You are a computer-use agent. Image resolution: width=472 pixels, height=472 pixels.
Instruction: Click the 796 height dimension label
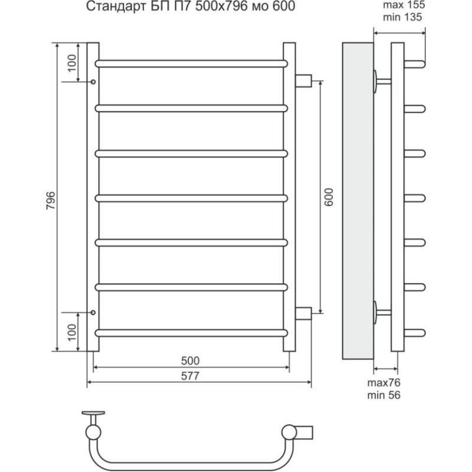(51, 201)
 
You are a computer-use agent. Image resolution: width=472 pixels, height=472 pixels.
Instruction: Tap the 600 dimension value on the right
(329, 197)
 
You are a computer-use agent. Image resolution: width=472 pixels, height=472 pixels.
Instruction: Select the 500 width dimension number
(190, 360)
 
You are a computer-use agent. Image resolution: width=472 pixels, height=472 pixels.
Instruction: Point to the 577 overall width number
(190, 376)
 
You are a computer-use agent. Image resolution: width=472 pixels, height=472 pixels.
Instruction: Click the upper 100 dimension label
(72, 63)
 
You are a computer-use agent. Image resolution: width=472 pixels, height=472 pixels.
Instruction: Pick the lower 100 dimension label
(72, 332)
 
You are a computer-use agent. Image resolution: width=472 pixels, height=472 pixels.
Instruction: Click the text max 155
(404, 5)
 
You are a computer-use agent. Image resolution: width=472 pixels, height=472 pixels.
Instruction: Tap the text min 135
(402, 17)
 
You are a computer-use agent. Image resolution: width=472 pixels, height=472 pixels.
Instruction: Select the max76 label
(384, 382)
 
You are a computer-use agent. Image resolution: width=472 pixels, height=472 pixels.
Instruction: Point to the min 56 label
(384, 395)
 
